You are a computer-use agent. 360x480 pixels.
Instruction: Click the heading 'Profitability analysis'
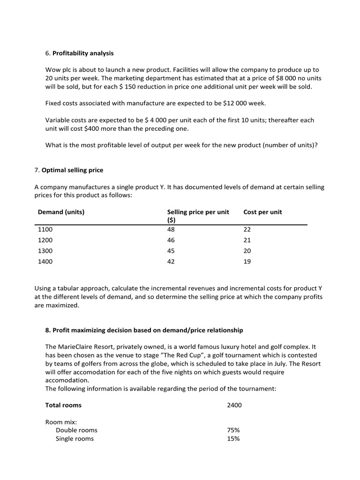(x=82, y=53)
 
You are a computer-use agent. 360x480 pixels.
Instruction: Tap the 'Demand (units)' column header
(x=61, y=212)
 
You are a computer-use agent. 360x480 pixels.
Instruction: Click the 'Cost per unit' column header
(x=262, y=212)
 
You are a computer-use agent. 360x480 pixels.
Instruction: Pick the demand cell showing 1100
(x=45, y=229)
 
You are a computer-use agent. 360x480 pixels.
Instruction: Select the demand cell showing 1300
(x=45, y=251)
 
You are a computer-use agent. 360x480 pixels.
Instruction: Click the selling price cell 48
(x=171, y=229)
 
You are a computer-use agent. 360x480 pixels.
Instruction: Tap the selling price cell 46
(x=171, y=240)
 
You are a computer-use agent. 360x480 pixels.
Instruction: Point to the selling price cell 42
(x=171, y=262)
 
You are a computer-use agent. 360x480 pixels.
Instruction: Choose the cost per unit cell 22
(x=247, y=229)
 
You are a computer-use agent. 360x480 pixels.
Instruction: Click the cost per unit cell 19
(x=247, y=262)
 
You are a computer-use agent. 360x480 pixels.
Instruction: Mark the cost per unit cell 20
(x=247, y=251)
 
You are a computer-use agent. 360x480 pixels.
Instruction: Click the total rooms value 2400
(x=234, y=405)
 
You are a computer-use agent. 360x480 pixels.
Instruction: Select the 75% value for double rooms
(x=233, y=430)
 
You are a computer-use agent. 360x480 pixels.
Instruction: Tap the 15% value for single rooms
(x=233, y=439)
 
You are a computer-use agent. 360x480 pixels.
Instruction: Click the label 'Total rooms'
(x=63, y=405)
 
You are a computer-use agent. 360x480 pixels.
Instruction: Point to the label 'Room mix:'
(x=61, y=421)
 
